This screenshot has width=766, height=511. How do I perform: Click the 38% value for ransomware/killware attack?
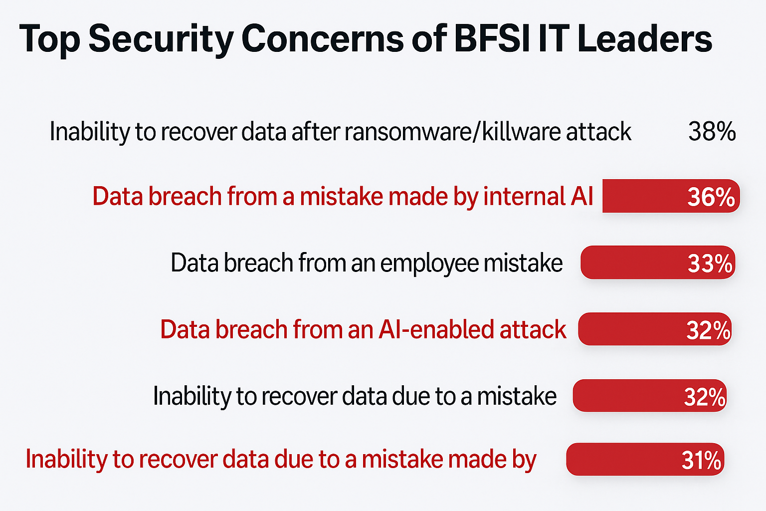[712, 131]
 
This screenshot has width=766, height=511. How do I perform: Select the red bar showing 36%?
[671, 196]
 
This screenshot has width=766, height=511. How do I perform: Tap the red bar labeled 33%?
[658, 262]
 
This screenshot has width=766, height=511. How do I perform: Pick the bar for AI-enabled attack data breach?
[655, 329]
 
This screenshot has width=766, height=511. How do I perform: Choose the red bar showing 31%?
[645, 459]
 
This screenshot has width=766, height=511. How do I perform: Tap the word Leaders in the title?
[645, 39]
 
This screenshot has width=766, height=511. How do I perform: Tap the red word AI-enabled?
[436, 329]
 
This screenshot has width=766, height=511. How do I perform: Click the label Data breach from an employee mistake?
[367, 263]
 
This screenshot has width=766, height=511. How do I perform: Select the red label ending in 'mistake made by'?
[281, 460]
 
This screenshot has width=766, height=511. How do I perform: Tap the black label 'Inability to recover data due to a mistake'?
[355, 396]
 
